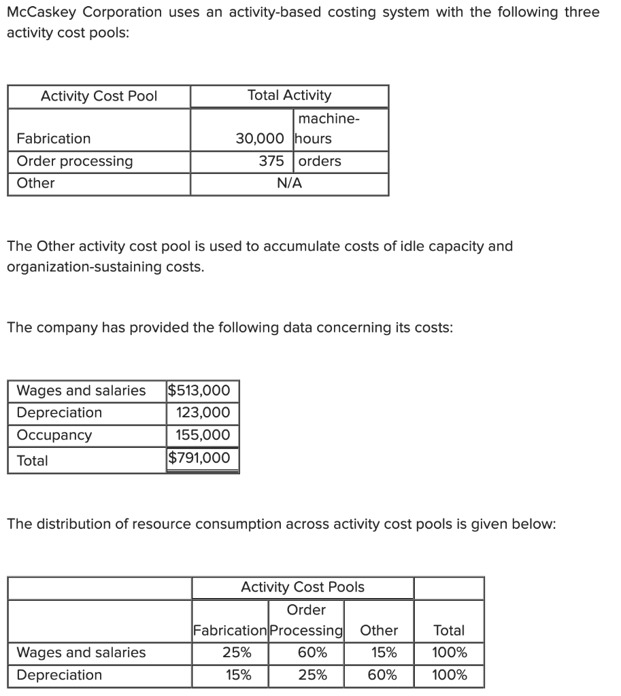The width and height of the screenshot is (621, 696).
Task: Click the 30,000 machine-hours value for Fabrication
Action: pyautogui.click(x=260, y=139)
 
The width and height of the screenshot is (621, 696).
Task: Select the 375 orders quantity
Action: pyautogui.click(x=271, y=161)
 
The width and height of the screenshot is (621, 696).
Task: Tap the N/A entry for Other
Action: pyautogui.click(x=289, y=184)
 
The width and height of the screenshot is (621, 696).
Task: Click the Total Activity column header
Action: pyautogui.click(x=289, y=96)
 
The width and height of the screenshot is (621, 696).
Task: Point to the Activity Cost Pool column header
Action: pyautogui.click(x=99, y=97)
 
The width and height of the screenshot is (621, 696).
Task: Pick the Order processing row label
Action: pyautogui.click(x=75, y=161)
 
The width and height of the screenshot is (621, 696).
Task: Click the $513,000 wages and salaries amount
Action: pyautogui.click(x=203, y=390)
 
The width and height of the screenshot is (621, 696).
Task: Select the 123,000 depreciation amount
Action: pyautogui.click(x=203, y=413)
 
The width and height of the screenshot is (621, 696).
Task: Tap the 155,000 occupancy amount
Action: pyautogui.click(x=203, y=435)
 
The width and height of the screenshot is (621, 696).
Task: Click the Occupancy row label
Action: pyautogui.click(x=54, y=435)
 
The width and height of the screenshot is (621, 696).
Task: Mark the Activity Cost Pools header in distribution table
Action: pyautogui.click(x=303, y=587)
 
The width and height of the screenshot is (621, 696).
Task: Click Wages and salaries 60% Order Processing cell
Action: pyautogui.click(x=306, y=653)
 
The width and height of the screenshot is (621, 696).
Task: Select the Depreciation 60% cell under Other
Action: pyautogui.click(x=379, y=676)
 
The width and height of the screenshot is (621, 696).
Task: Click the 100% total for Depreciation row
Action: pyautogui.click(x=449, y=676)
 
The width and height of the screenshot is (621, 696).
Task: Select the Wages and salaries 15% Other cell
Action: pyautogui.click(x=379, y=653)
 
